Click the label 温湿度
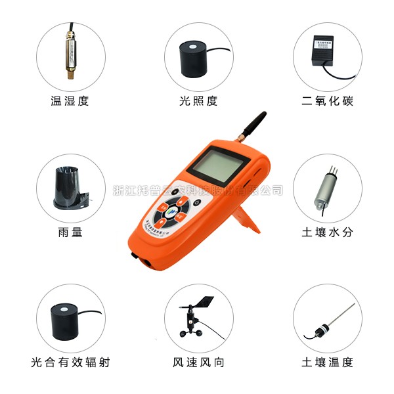[69, 101]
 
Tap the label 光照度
[198, 101]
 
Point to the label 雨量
[70, 232]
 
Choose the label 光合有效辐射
[70, 362]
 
